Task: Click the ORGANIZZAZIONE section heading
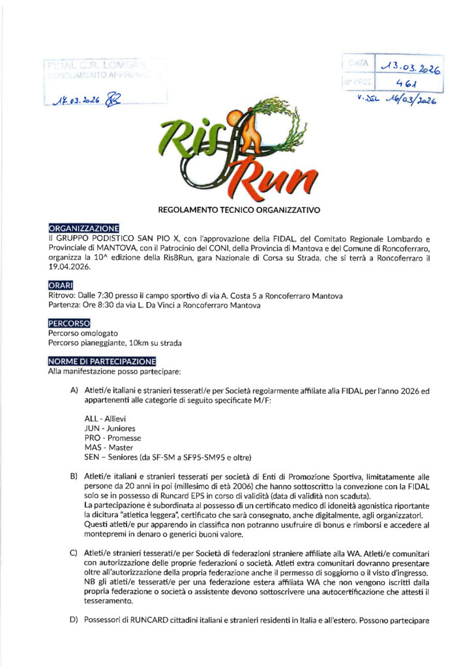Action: click(x=84, y=228)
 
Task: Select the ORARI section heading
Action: click(x=61, y=284)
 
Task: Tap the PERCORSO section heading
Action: click(x=69, y=322)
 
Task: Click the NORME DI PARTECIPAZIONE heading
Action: click(x=102, y=362)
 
